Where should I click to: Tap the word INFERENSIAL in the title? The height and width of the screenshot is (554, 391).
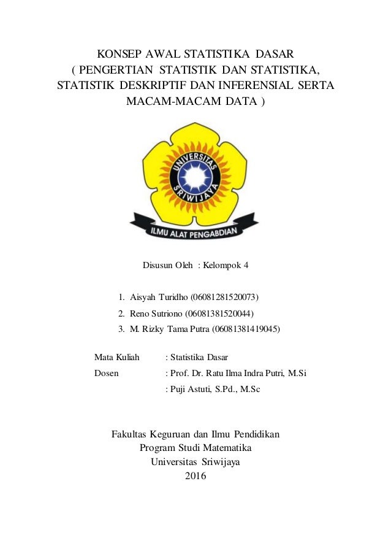pyautogui.click(x=263, y=85)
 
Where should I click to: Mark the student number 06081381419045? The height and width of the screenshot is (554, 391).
pyautogui.click(x=246, y=329)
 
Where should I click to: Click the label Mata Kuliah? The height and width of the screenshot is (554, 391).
pyautogui.click(x=117, y=356)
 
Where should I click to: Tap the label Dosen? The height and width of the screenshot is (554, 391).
pyautogui.click(x=107, y=372)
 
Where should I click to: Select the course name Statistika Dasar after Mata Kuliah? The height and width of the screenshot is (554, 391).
pyautogui.click(x=201, y=356)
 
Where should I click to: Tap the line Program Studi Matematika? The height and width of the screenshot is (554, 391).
pyautogui.click(x=195, y=448)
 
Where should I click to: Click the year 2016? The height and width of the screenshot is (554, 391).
pyautogui.click(x=195, y=477)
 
